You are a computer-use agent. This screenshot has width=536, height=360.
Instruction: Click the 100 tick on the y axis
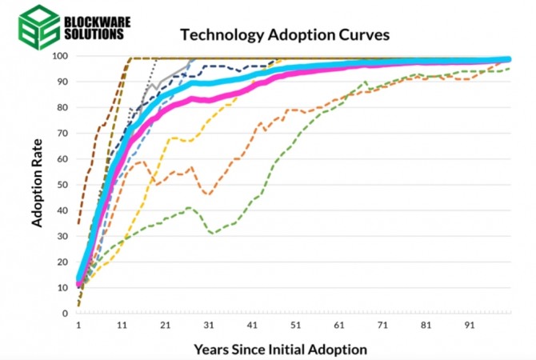tap(59, 56)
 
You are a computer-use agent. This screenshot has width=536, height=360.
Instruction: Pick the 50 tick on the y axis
tap(62, 185)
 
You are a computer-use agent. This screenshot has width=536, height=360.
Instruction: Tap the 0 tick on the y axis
tap(65, 313)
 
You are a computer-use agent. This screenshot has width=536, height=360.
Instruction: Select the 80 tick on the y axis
tap(62, 107)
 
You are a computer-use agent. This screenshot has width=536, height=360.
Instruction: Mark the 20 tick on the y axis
tap(62, 262)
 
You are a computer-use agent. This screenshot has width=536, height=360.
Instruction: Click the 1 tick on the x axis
tap(78, 325)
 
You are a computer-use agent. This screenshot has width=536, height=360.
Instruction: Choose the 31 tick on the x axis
tap(209, 325)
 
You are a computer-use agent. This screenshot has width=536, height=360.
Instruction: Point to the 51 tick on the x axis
tap(296, 325)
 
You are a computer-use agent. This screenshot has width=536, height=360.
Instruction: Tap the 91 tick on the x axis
tap(470, 325)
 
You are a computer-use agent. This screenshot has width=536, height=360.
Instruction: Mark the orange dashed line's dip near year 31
tap(209, 194)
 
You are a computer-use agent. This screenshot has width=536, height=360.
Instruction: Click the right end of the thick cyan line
tap(509, 59)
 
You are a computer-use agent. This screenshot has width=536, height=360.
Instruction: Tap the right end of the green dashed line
tap(510, 69)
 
